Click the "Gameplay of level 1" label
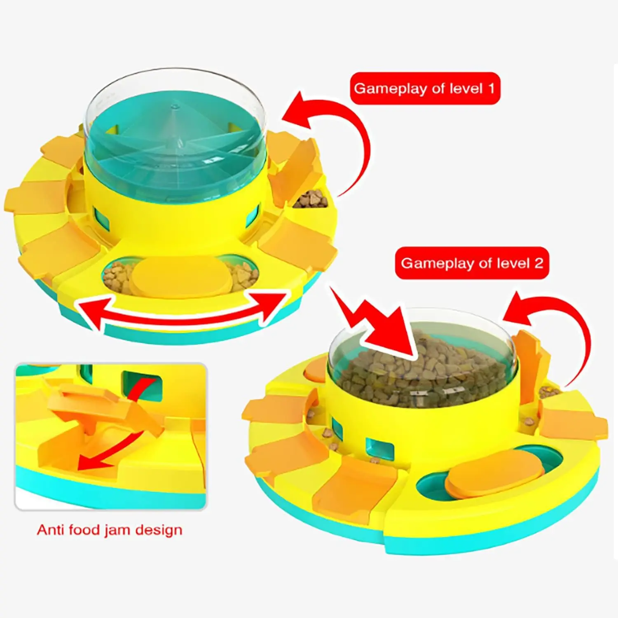click(x=425, y=89)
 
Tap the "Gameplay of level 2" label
click(x=472, y=263)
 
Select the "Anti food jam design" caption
click(x=110, y=530)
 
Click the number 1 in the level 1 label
click(x=490, y=88)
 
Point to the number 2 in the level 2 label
click(x=538, y=263)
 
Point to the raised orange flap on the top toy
click(x=295, y=171)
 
